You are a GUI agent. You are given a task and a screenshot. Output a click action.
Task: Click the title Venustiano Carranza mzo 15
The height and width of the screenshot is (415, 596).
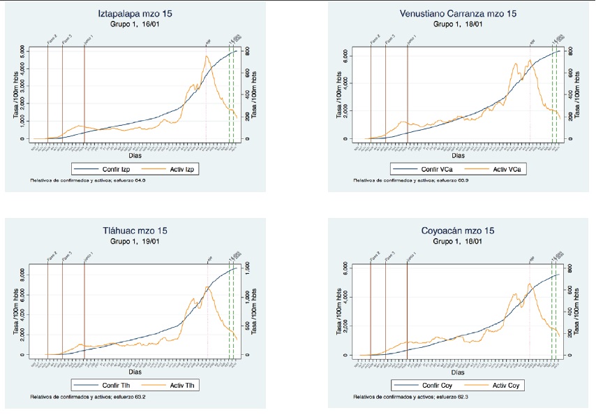click(458, 15)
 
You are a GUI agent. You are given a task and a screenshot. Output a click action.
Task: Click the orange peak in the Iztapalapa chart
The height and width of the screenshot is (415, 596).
click(207, 56)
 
